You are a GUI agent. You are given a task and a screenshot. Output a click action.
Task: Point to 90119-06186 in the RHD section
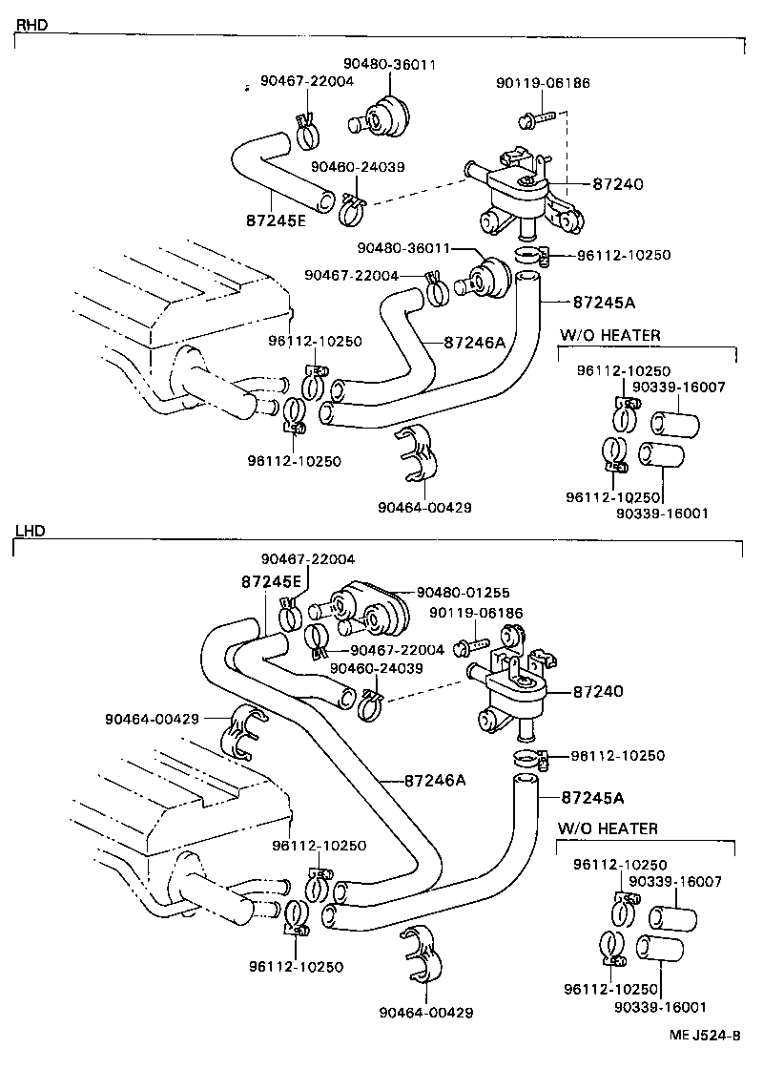point(543,83)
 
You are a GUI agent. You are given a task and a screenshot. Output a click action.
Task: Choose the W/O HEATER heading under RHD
point(609,335)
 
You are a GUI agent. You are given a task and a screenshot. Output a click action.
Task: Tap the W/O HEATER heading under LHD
point(608,828)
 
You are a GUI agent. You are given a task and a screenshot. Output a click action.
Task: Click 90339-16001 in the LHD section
point(662,1006)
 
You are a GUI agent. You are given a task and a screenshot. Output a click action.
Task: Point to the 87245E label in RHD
point(275,220)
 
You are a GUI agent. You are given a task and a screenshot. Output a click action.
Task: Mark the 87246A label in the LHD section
point(434,780)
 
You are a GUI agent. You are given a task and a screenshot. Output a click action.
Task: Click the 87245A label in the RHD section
point(604,302)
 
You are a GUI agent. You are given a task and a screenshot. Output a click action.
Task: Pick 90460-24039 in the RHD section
point(358,166)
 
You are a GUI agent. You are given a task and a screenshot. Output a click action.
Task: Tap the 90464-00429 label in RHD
point(424,507)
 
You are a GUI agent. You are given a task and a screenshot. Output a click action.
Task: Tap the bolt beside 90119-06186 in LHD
point(468,648)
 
